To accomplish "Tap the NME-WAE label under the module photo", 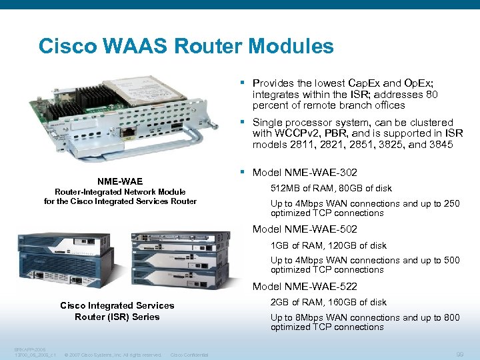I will (x=119, y=181).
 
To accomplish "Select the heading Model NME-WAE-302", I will (x=305, y=173).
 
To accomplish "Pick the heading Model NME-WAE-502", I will (x=305, y=230).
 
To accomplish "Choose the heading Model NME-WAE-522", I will (x=305, y=287).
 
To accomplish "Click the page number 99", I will (x=458, y=354).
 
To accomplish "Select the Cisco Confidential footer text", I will (x=189, y=355).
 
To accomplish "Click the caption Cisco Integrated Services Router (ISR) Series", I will (x=117, y=311).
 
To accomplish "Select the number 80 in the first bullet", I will (x=432, y=95).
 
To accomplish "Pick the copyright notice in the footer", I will (x=113, y=355).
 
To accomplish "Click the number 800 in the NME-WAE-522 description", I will (x=451, y=317).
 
